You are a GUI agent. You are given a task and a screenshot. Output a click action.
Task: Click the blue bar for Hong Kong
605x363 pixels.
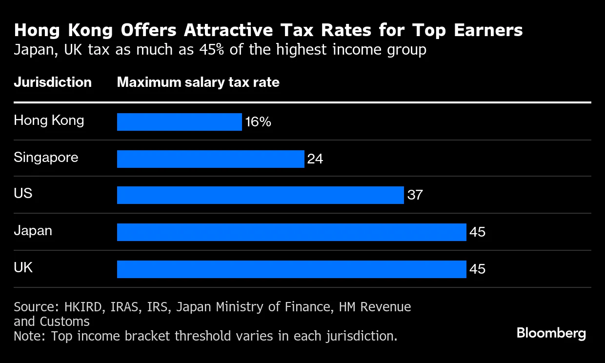coord(180,122)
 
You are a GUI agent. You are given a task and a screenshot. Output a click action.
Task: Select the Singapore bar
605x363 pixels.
coord(211,159)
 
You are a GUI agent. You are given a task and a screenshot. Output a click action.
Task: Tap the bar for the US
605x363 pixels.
coord(261,195)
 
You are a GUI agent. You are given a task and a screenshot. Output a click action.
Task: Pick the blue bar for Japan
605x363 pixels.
coord(292,232)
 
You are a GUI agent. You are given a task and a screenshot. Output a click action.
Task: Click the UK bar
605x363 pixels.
coord(292,269)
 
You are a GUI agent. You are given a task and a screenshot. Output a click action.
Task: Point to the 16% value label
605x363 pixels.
coord(258,122)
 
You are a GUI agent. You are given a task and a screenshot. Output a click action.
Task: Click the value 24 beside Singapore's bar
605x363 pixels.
coord(315,159)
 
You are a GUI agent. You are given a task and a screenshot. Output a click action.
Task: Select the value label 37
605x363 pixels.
coord(415,195)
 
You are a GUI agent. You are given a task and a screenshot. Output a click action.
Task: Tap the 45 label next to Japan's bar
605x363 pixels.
coord(477,232)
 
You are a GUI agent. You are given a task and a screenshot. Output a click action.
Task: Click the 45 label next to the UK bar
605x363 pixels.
coord(477,269)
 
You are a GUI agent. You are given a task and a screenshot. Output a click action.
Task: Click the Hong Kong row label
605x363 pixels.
coord(49,121)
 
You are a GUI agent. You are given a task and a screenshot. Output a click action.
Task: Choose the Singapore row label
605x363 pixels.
coord(46,158)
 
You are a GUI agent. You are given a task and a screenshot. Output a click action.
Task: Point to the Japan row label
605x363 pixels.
coord(33,231)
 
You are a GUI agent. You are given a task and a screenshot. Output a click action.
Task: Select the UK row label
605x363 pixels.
coord(23,268)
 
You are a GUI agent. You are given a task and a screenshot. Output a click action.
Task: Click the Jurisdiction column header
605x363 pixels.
coord(53,82)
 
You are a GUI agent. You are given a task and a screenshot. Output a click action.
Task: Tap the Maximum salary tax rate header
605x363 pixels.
coord(198,82)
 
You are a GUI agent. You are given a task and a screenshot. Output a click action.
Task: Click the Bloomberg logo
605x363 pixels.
coord(551,333)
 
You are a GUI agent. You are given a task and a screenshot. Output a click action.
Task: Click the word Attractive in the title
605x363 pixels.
coord(228,30)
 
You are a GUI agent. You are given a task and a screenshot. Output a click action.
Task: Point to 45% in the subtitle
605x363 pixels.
coord(212,50)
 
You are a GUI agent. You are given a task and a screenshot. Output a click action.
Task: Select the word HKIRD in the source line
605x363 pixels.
coord(83,307)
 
